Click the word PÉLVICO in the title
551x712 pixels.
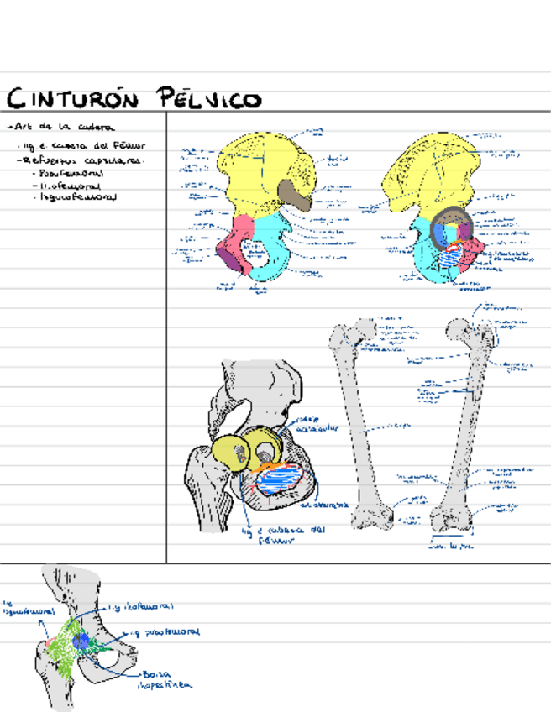pos(210,99)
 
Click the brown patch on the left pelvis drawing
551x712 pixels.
pos(295,195)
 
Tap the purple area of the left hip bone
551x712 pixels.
pos(228,254)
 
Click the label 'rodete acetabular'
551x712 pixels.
pos(315,423)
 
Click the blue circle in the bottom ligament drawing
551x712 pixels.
pos(81,640)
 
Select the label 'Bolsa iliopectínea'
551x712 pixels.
pos(165,679)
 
